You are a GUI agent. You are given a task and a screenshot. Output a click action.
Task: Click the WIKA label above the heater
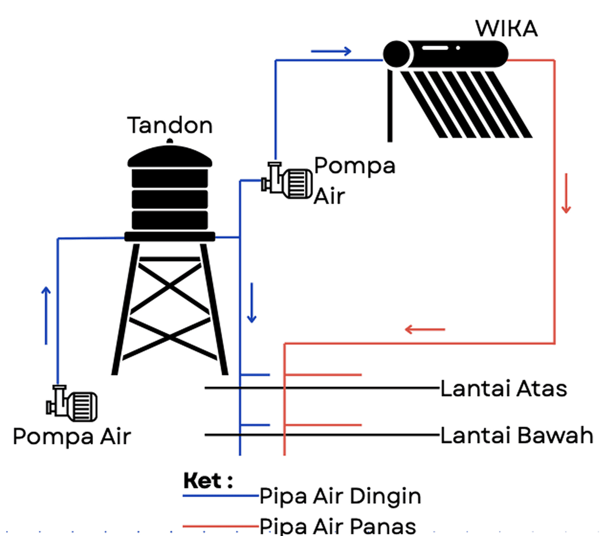click(507, 29)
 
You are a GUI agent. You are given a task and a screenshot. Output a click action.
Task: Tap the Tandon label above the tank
click(170, 125)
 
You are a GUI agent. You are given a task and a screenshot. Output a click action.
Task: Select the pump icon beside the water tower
click(287, 181)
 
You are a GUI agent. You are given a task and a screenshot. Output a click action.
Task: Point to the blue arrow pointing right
click(331, 51)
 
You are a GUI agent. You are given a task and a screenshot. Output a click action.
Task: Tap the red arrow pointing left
click(425, 329)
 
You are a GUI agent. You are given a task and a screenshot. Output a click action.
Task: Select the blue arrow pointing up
click(46, 315)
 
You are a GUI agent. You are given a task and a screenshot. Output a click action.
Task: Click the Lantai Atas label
click(503, 389)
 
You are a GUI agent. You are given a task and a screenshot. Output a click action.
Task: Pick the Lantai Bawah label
click(517, 436)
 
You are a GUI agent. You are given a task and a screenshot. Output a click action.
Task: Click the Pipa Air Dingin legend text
click(340, 496)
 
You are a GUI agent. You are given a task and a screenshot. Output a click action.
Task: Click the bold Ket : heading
click(208, 481)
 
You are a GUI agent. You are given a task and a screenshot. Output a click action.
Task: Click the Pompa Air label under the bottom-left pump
click(72, 437)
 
